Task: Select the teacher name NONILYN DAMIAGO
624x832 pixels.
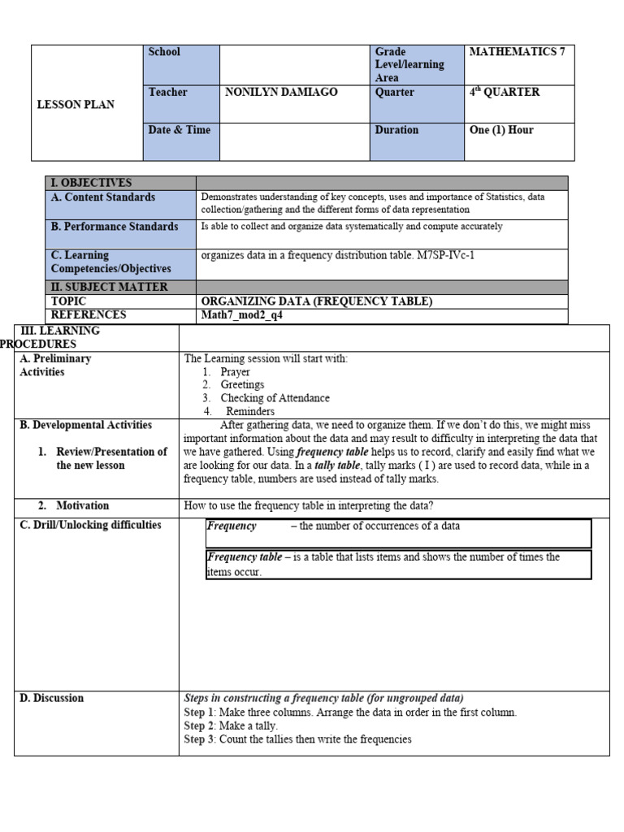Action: tap(280, 93)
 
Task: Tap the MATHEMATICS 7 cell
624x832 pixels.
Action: tap(517, 52)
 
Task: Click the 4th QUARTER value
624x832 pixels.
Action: tap(504, 93)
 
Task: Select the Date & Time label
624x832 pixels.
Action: tap(179, 130)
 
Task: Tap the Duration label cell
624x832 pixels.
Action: tap(396, 130)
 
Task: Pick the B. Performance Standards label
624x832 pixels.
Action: tap(115, 227)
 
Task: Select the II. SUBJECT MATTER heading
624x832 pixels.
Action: tap(109, 287)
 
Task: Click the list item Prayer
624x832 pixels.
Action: tap(235, 372)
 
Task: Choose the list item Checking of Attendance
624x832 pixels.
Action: tap(275, 398)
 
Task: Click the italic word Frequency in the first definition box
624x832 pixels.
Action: tap(232, 526)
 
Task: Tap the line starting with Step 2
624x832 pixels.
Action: tap(231, 726)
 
